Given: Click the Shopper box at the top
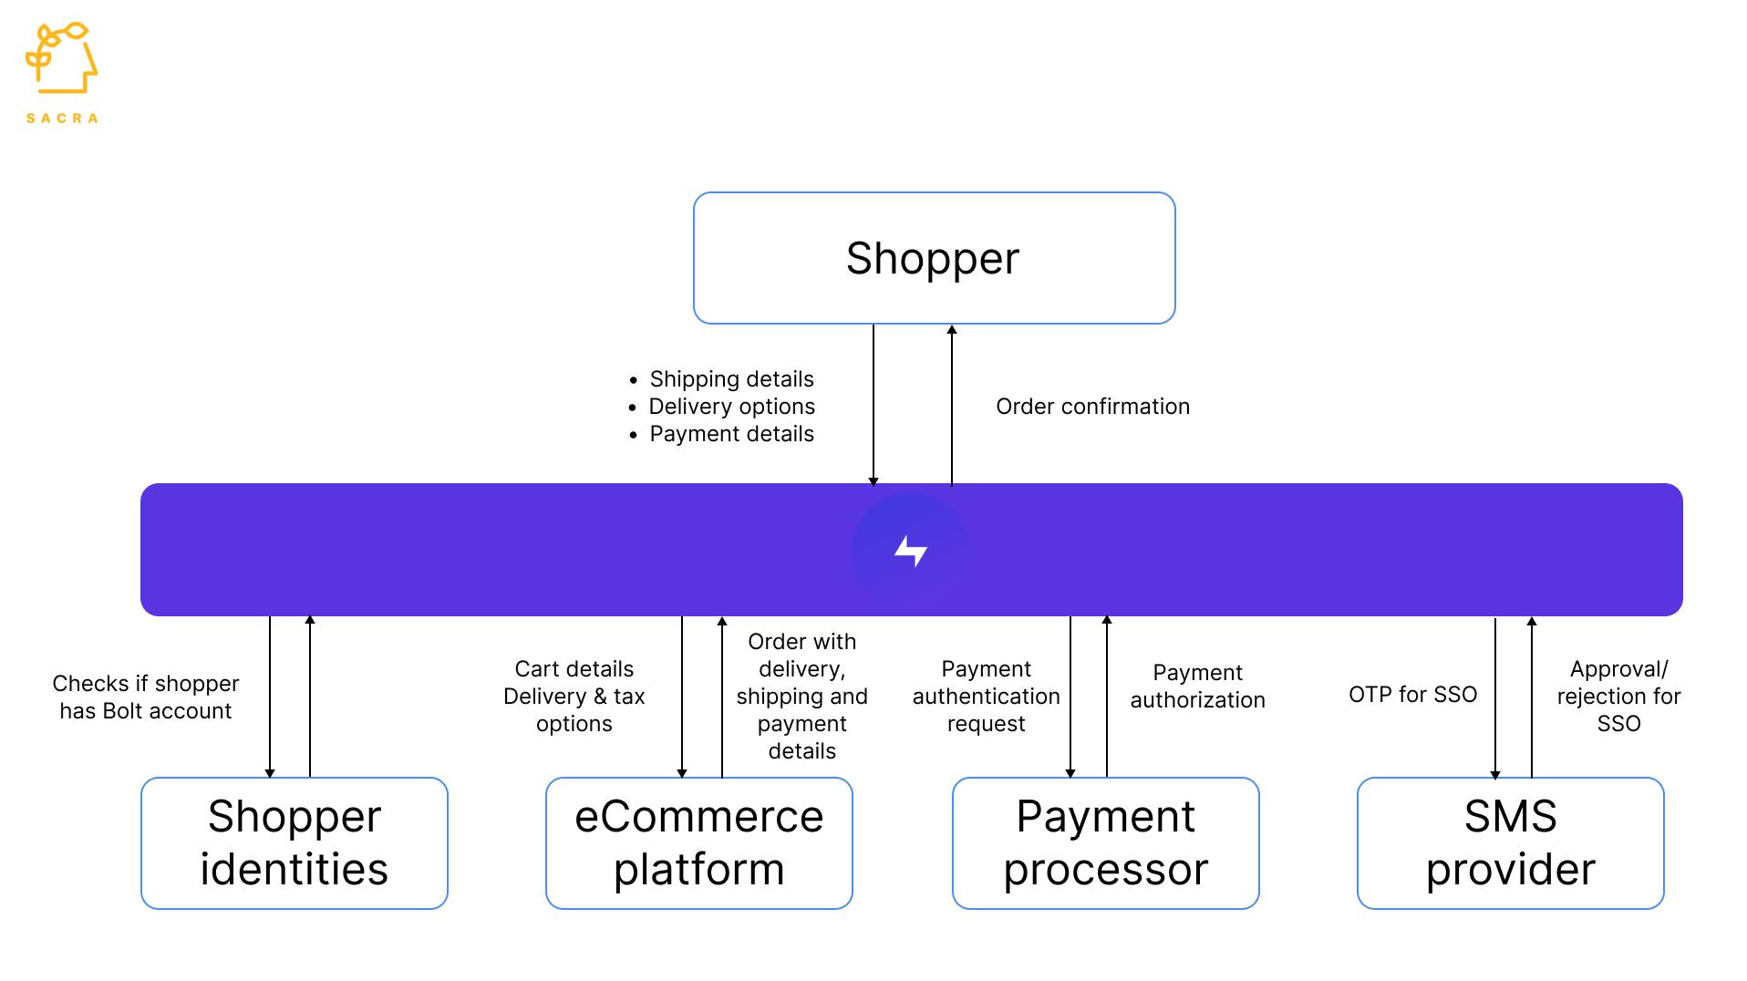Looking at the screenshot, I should [x=934, y=258].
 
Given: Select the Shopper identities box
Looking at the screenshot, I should [x=294, y=842].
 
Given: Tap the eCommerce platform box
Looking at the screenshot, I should [x=698, y=842].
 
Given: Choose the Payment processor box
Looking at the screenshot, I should [x=1105, y=842].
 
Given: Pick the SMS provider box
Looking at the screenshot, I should [x=1510, y=842].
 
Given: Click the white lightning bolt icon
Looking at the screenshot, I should [x=910, y=551].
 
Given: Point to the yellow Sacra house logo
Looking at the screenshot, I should [x=61, y=59].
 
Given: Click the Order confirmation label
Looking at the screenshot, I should [x=1092, y=407].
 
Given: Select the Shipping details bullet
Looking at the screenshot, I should [x=731, y=379].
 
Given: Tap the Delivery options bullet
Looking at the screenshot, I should [x=731, y=407].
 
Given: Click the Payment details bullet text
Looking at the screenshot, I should [x=731, y=434].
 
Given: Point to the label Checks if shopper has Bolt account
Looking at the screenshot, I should [x=146, y=697].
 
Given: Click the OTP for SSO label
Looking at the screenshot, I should [x=1412, y=695].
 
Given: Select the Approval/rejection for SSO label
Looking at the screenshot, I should [x=1618, y=697].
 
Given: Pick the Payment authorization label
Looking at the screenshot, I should [x=1197, y=687].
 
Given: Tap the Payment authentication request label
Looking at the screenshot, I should [x=986, y=697].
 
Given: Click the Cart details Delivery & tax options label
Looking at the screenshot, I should [x=574, y=697].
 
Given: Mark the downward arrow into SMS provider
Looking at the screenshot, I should [x=1495, y=697].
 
